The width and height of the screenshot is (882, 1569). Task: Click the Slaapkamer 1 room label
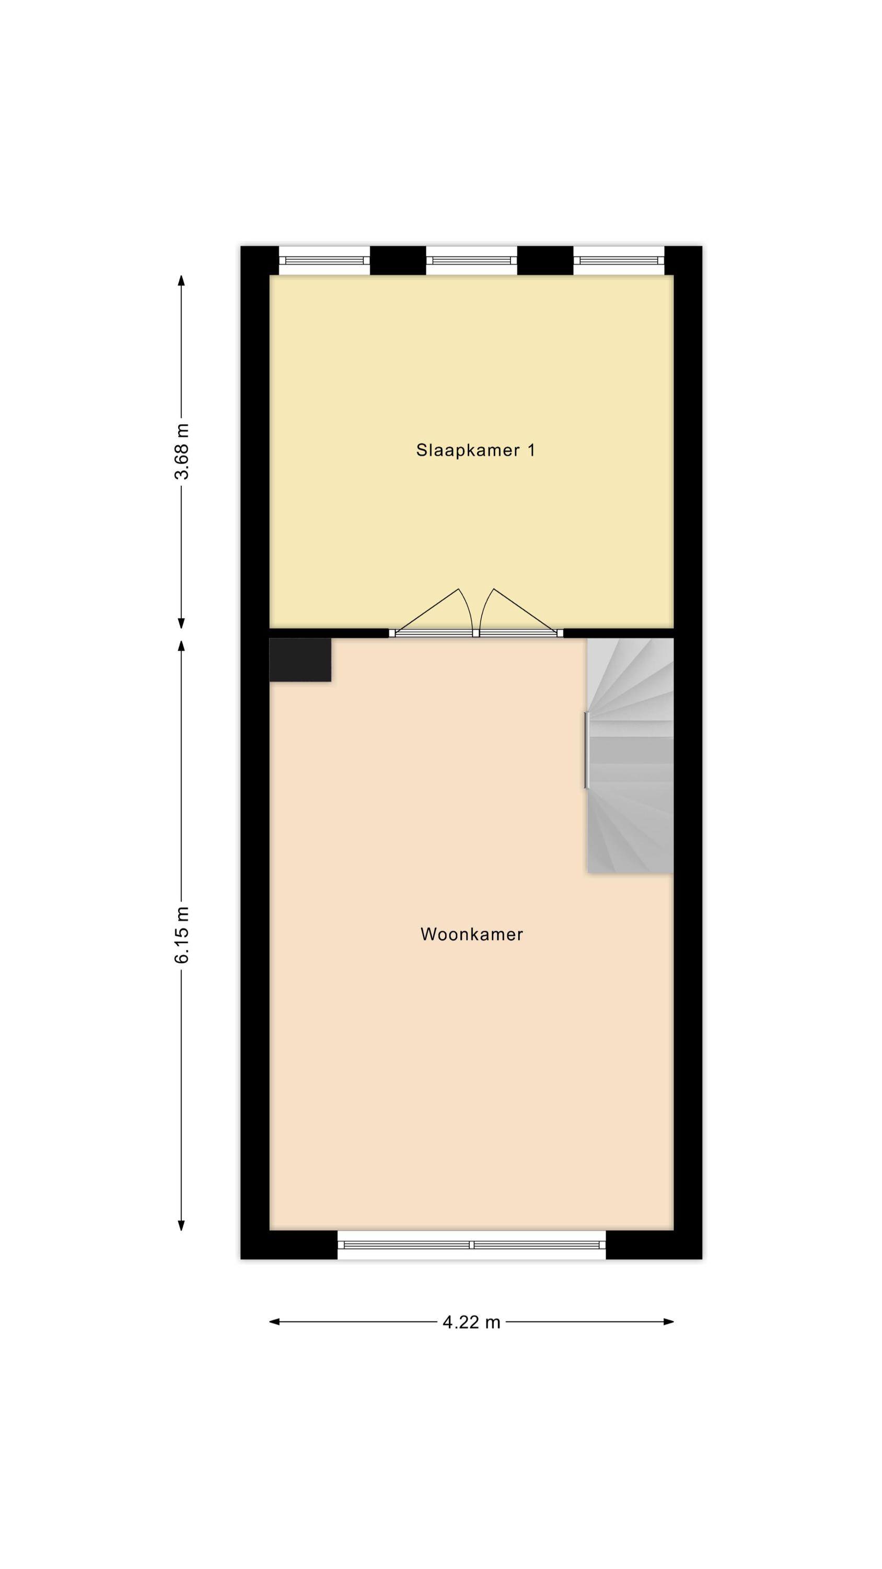475,450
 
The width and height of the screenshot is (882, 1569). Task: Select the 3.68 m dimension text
181,451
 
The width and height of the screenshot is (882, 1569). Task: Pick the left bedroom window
324,260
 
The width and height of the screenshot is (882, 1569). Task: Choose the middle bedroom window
472,260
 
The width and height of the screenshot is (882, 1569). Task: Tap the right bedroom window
619,260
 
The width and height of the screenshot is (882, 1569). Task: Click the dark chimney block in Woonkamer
300,660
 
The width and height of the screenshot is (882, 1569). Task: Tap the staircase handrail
587,750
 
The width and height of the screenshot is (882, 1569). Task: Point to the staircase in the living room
630,756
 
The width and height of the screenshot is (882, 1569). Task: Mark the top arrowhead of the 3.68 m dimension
181,280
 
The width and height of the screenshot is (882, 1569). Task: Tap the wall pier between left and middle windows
398,260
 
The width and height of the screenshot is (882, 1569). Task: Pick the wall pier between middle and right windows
546,260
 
